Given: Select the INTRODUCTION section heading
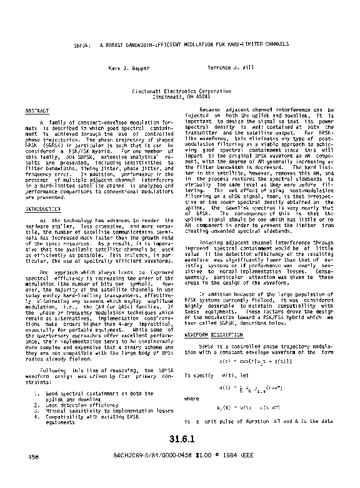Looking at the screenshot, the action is click(43, 208).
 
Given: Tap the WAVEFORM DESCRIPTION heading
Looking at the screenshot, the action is click(213, 335).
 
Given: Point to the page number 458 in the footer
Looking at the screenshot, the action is click(34, 474).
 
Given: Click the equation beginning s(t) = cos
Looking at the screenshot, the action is click(247, 362).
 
